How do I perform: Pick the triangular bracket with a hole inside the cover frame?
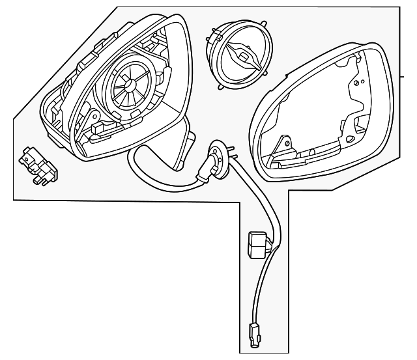[x=282, y=145]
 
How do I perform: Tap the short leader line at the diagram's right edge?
[x=407, y=76]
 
